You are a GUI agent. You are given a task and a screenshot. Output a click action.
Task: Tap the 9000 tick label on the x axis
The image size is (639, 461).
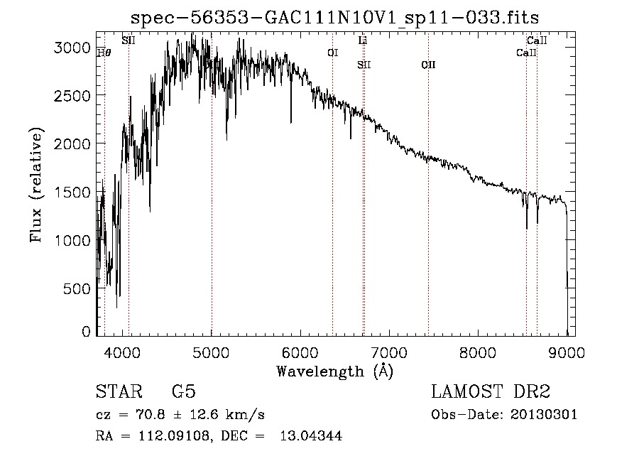(567, 351)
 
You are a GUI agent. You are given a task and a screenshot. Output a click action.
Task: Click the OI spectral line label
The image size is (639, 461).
(332, 53)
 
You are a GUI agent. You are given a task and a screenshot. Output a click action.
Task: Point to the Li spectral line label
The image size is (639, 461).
(363, 40)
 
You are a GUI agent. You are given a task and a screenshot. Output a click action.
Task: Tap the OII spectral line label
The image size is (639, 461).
(428, 65)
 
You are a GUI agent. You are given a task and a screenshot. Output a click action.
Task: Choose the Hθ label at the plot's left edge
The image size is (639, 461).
(104, 51)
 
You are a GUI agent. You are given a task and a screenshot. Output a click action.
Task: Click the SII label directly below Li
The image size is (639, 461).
(364, 65)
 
